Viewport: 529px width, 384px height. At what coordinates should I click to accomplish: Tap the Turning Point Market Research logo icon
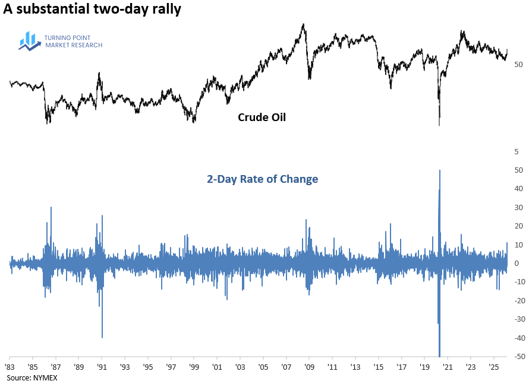click(30, 40)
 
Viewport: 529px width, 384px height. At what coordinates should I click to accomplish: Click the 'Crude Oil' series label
click(262, 118)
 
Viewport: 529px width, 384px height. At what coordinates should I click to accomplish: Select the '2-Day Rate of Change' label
click(262, 179)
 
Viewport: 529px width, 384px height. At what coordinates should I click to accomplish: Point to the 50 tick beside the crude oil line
click(518, 64)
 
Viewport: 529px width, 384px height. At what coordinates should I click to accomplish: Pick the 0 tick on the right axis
click(518, 264)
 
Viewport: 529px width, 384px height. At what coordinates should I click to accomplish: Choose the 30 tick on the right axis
click(518, 208)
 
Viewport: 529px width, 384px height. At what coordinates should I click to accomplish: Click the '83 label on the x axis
click(10, 367)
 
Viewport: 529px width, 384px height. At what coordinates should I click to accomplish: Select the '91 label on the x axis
click(102, 367)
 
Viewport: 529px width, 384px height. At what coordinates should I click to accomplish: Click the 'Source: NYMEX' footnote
click(27, 377)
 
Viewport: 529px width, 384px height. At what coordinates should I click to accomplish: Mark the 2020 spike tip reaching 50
click(440, 170)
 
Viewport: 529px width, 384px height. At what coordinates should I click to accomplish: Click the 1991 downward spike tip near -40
click(102, 337)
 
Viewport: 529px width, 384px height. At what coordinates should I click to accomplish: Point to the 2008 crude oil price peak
click(303, 24)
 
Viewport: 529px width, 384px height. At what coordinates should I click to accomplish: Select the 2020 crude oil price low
click(439, 125)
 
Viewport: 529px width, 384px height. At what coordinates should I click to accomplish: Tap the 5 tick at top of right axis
click(518, 152)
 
